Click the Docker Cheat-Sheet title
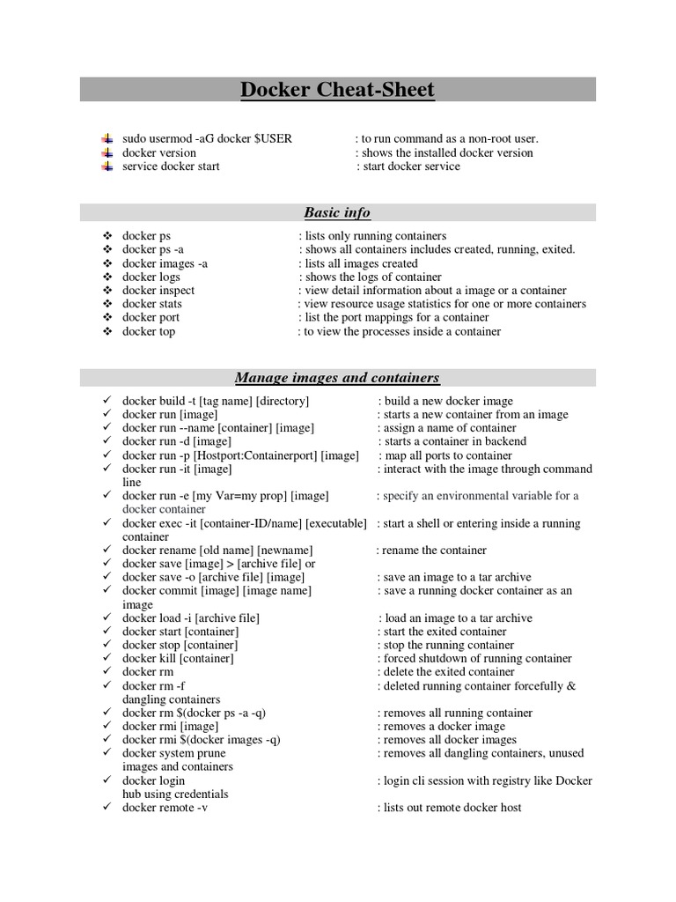click(338, 90)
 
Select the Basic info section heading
click(337, 212)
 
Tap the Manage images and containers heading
click(337, 378)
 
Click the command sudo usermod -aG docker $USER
click(207, 138)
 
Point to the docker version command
click(159, 152)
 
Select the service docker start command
click(171, 166)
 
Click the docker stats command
click(151, 304)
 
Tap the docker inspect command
click(158, 290)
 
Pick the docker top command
click(149, 331)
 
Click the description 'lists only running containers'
click(372, 236)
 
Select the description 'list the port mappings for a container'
click(394, 317)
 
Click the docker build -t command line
click(216, 401)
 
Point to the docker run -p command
click(240, 455)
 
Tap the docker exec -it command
click(245, 523)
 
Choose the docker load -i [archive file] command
click(191, 617)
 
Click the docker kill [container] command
click(178, 658)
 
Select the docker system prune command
click(174, 753)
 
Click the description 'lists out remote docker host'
click(450, 807)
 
